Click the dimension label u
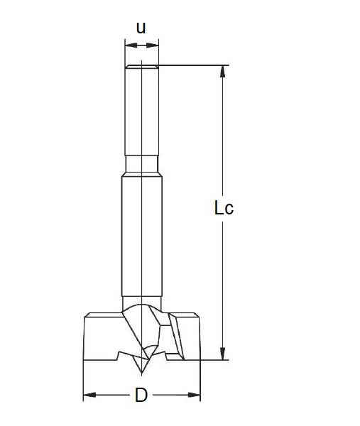[141, 28]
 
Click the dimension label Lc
[224, 208]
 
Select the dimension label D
[141, 395]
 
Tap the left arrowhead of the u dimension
[129, 45]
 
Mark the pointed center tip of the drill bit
[141, 373]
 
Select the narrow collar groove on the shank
[141, 165]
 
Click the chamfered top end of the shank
[141, 67]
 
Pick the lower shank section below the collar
[141, 234]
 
